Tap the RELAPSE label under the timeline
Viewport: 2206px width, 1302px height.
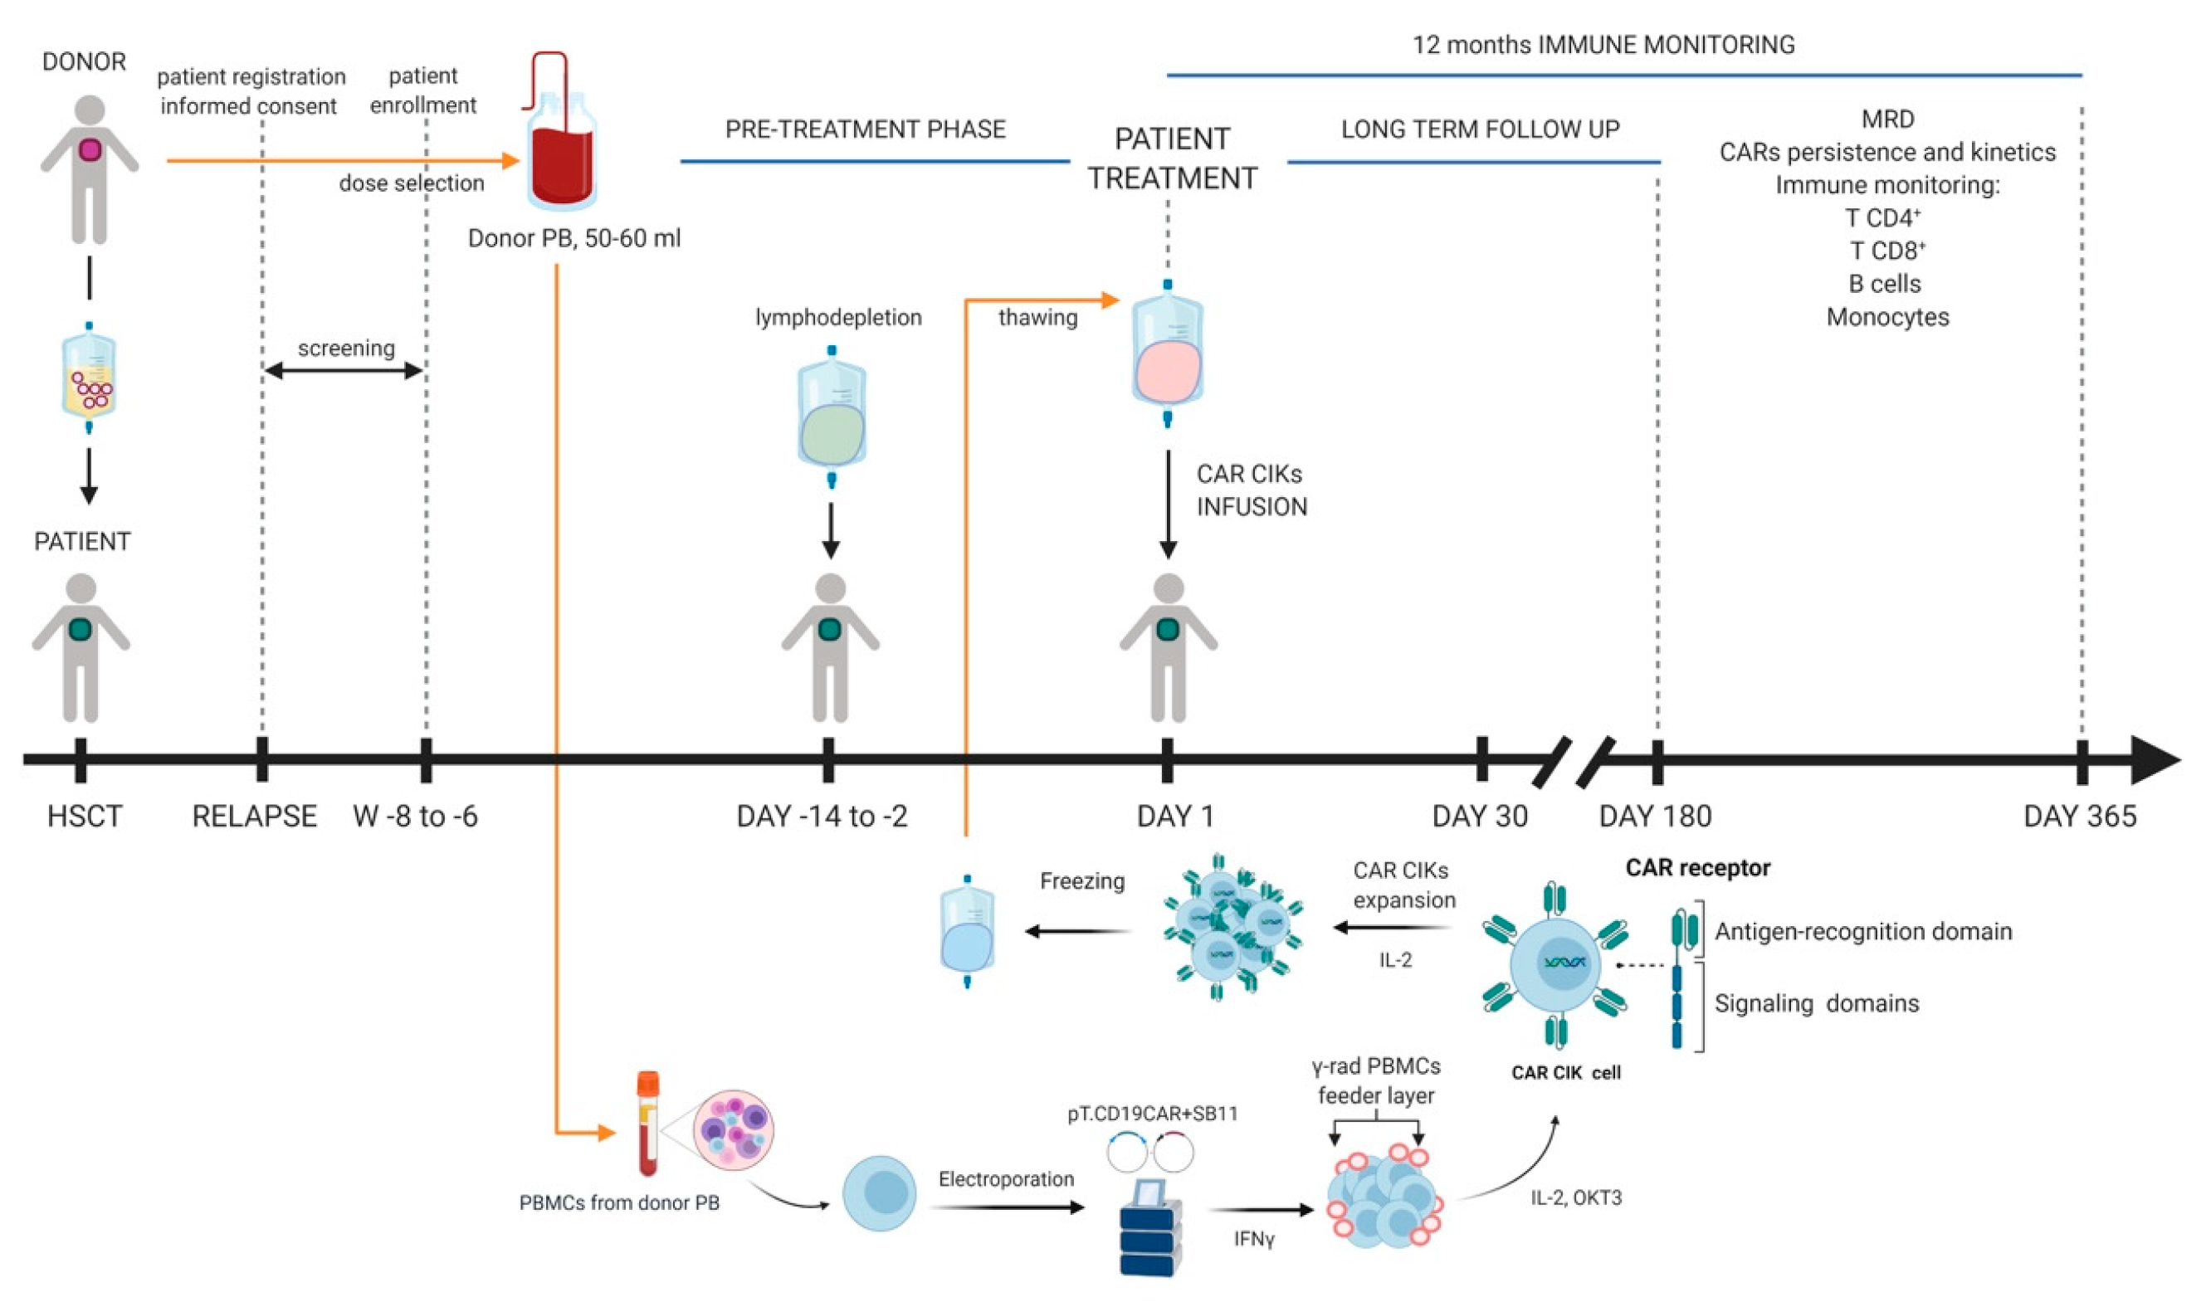click(x=255, y=817)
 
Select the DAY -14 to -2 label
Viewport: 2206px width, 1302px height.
click(x=822, y=817)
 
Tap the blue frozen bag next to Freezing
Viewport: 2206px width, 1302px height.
click(x=967, y=937)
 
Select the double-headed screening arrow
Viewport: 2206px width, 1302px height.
click(x=343, y=371)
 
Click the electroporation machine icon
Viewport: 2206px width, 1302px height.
click(x=1149, y=1228)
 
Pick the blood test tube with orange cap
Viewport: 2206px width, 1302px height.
click(x=647, y=1123)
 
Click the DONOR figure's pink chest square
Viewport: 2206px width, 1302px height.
click(x=90, y=150)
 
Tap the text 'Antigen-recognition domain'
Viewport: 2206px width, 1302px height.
click(x=1862, y=932)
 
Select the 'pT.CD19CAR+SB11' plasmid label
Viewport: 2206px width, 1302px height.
click(x=1152, y=1114)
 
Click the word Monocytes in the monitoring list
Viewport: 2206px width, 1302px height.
click(x=1886, y=318)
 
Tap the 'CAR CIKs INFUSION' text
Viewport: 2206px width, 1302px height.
click(x=1252, y=490)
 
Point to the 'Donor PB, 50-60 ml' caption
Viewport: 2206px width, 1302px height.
click(x=573, y=239)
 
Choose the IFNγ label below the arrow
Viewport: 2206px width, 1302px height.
click(x=1253, y=1239)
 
